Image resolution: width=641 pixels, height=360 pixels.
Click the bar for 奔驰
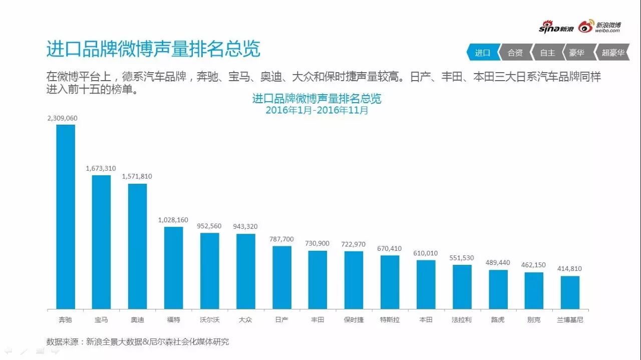pos(66,216)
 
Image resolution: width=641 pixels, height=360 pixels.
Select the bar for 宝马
pos(101,242)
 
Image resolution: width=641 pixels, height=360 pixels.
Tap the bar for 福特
pos(173,268)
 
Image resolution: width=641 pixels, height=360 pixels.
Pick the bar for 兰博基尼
pos(570,292)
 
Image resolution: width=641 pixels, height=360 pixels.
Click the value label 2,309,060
pos(62,118)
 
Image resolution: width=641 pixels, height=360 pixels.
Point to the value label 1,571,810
pos(137,177)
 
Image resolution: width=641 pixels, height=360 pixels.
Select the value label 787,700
pos(282,239)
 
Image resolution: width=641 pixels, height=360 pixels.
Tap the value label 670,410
pos(390,248)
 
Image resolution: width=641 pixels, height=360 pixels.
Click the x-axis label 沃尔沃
pos(209,319)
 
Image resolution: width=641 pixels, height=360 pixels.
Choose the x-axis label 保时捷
pos(354,319)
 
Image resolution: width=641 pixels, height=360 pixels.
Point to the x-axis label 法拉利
pos(461,319)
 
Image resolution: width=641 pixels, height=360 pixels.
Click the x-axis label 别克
pos(534,319)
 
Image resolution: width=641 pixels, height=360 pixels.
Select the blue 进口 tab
pos(482,53)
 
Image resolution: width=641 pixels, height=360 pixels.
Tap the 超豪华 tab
pos(613,53)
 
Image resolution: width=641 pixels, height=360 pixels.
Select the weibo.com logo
pos(600,27)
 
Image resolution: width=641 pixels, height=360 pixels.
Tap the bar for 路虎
pos(498,289)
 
